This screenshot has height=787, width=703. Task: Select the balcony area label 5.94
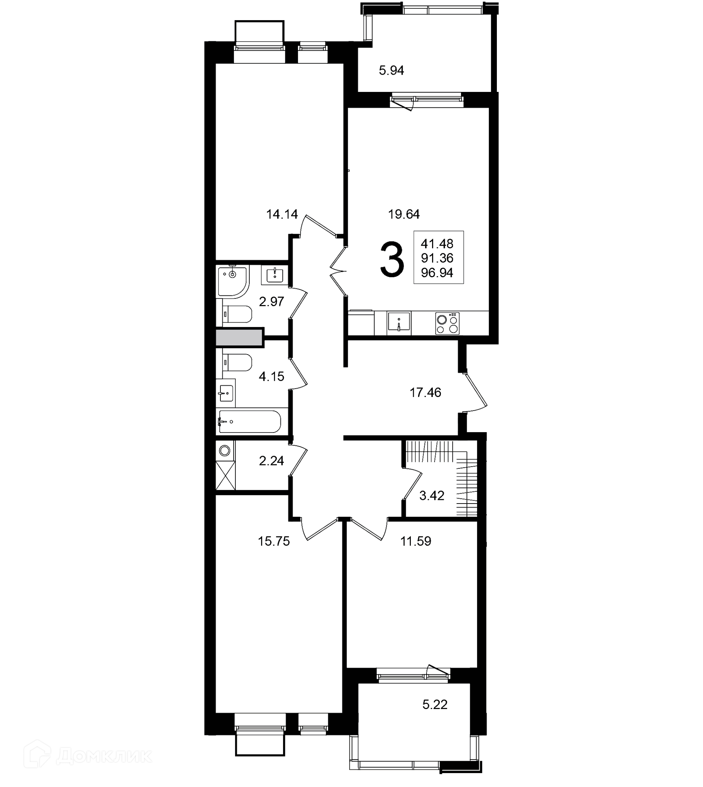(x=391, y=70)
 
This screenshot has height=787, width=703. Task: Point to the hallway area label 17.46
(x=425, y=393)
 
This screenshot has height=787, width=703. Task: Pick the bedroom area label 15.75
(x=274, y=541)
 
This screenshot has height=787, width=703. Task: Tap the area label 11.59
(x=416, y=541)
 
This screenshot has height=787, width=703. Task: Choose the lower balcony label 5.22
(x=435, y=704)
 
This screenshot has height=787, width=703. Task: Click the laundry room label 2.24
(x=272, y=461)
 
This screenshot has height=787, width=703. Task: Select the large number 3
(x=392, y=259)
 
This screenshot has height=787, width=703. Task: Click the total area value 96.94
(x=437, y=273)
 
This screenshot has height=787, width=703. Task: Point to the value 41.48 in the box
(x=437, y=244)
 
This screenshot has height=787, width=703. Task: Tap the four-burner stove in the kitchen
(x=448, y=323)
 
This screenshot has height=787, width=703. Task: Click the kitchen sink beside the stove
(x=399, y=323)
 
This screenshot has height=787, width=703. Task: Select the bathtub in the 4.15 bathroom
(x=249, y=422)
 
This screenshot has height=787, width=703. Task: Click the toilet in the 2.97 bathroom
(x=237, y=315)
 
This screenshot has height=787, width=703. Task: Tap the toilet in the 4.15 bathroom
(x=237, y=363)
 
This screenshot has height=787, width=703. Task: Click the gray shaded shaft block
(x=239, y=338)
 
